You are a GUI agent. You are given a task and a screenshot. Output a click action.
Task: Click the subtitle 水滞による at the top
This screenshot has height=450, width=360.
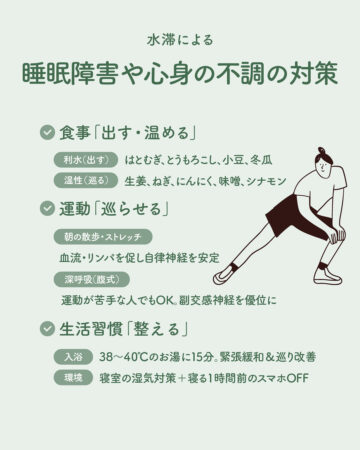coord(180,40)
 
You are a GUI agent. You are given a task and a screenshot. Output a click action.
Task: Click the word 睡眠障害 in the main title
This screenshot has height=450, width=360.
coord(70,73)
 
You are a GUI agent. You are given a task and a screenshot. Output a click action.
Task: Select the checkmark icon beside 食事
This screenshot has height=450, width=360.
coord(47,132)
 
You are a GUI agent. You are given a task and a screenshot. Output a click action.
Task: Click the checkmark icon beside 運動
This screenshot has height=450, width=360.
coord(47,209)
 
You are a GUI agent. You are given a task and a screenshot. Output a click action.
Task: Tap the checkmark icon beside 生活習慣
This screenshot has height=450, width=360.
coord(47,329)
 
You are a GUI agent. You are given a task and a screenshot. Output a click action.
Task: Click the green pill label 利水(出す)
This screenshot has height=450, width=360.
coord(86,160)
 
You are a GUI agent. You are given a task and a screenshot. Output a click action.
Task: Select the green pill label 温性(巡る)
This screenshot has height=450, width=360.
coord(86,180)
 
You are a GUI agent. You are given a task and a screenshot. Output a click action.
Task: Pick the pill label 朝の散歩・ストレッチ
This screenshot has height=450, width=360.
coord(103,237)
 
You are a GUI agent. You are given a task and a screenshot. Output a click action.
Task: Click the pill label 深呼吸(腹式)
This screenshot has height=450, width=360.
coord(92,279)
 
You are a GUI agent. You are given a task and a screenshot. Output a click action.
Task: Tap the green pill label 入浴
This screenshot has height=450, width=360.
coord(73,357)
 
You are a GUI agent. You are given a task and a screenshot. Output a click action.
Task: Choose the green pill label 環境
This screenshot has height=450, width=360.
coord(73,378)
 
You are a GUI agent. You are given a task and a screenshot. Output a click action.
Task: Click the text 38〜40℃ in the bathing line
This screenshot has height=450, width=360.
coord(123,357)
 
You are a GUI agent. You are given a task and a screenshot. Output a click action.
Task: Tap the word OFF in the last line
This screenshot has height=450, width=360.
coord(298,378)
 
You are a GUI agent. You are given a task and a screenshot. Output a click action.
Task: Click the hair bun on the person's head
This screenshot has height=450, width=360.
coord(321,150)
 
